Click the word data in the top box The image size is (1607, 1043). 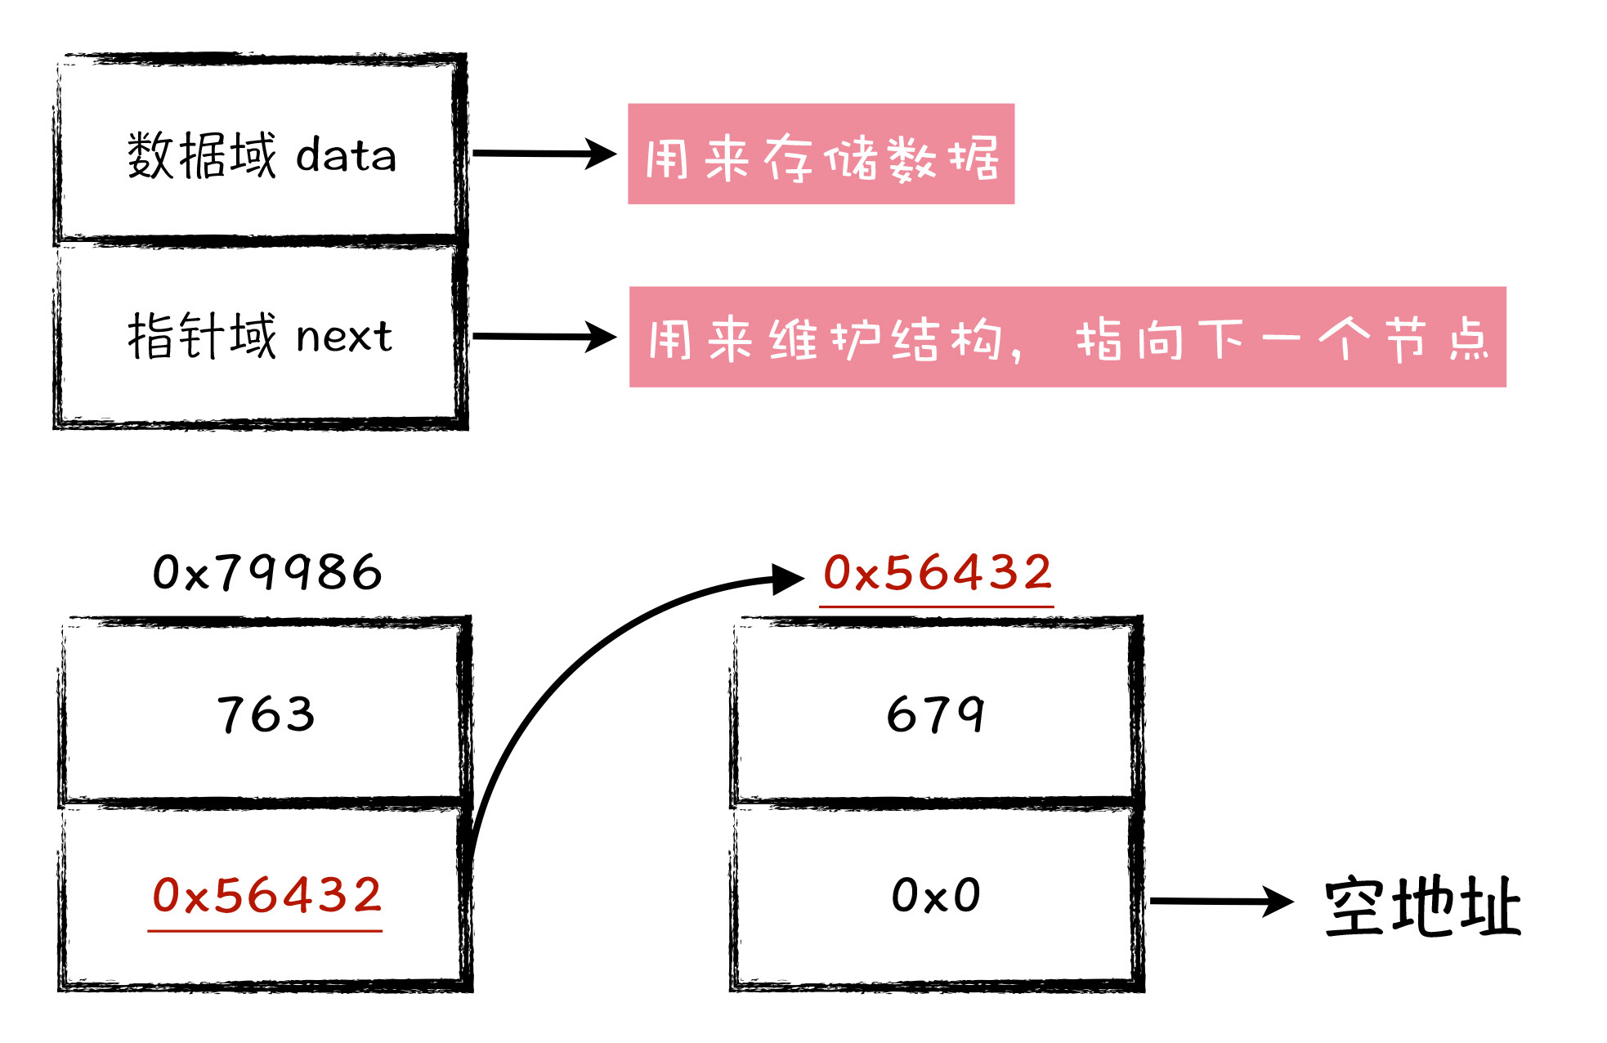pyautogui.click(x=346, y=155)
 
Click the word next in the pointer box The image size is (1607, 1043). pyautogui.click(x=344, y=336)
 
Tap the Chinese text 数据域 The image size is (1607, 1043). pyautogui.click(x=202, y=155)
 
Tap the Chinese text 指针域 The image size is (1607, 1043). pyautogui.click(x=202, y=336)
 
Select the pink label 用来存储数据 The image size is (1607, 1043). pyautogui.click(x=821, y=154)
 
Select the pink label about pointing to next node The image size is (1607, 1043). pyautogui.click(x=1067, y=337)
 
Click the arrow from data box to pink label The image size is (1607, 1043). pyautogui.click(x=544, y=154)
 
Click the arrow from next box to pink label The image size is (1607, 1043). pyautogui.click(x=544, y=336)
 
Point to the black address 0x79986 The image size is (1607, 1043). pyautogui.click(x=267, y=572)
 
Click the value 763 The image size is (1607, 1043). pyautogui.click(x=266, y=714)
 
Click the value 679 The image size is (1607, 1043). pyautogui.click(x=936, y=714)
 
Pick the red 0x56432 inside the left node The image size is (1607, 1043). pyautogui.click(x=266, y=896)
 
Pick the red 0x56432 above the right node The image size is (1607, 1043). pyautogui.click(x=937, y=572)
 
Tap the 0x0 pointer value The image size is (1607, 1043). pyautogui.click(x=936, y=896)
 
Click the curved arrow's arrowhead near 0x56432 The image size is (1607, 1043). pyautogui.click(x=788, y=578)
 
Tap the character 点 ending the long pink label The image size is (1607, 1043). pyautogui.click(x=1469, y=338)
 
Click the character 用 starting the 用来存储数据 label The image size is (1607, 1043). pyautogui.click(x=666, y=158)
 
